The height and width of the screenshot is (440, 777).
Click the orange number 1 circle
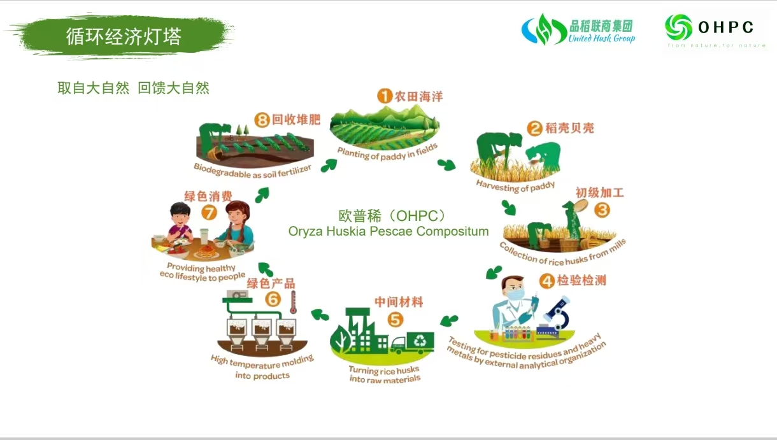point(385,96)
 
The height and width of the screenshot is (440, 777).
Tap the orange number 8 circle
point(262,120)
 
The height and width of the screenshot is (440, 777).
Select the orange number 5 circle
point(395,320)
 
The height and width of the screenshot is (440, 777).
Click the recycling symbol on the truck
point(420,341)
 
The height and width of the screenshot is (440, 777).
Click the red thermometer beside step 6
point(293,302)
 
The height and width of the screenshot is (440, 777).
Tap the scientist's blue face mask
point(515,295)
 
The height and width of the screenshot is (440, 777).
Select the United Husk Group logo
point(578,29)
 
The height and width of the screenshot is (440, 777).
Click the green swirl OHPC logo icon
point(678,27)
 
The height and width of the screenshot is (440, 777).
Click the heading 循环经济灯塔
point(124,36)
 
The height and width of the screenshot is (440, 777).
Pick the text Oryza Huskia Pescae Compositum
point(388,231)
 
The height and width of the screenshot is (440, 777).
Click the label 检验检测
point(581,280)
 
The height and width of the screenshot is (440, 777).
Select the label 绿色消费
point(208,197)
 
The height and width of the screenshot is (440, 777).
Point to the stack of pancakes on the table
point(207,251)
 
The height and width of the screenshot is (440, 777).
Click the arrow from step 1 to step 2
point(446,165)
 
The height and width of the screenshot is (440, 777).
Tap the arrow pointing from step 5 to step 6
point(320,315)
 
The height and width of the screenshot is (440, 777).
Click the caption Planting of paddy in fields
point(387,153)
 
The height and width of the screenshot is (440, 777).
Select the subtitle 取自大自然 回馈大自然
point(134,88)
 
